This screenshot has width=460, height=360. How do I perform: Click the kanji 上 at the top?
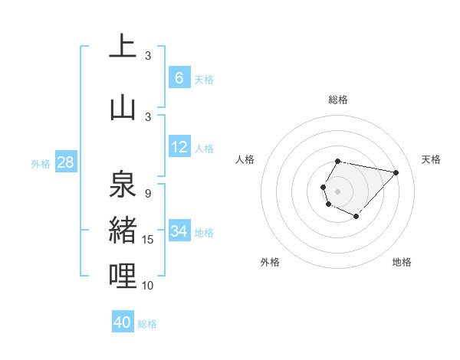(123, 47)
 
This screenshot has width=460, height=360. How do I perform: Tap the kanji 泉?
(123, 185)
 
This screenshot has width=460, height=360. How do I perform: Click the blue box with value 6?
(179, 78)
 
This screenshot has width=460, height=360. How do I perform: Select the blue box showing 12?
(179, 147)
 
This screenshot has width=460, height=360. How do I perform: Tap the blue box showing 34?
(179, 231)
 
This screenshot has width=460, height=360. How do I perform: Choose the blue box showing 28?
(65, 162)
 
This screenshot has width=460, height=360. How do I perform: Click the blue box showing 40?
(123, 322)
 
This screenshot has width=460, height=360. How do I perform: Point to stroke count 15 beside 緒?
(148, 240)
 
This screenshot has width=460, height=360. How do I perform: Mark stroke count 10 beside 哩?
(148, 286)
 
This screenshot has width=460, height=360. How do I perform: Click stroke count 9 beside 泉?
(148, 194)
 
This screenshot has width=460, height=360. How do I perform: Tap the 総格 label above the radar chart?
(338, 100)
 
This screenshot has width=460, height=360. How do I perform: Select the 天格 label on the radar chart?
(432, 159)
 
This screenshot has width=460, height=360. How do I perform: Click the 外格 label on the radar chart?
(270, 262)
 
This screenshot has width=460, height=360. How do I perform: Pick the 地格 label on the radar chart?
(402, 262)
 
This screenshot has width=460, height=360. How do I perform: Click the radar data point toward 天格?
(396, 172)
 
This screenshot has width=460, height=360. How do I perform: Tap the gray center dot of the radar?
(338, 191)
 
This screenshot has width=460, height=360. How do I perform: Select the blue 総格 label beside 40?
(147, 324)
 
